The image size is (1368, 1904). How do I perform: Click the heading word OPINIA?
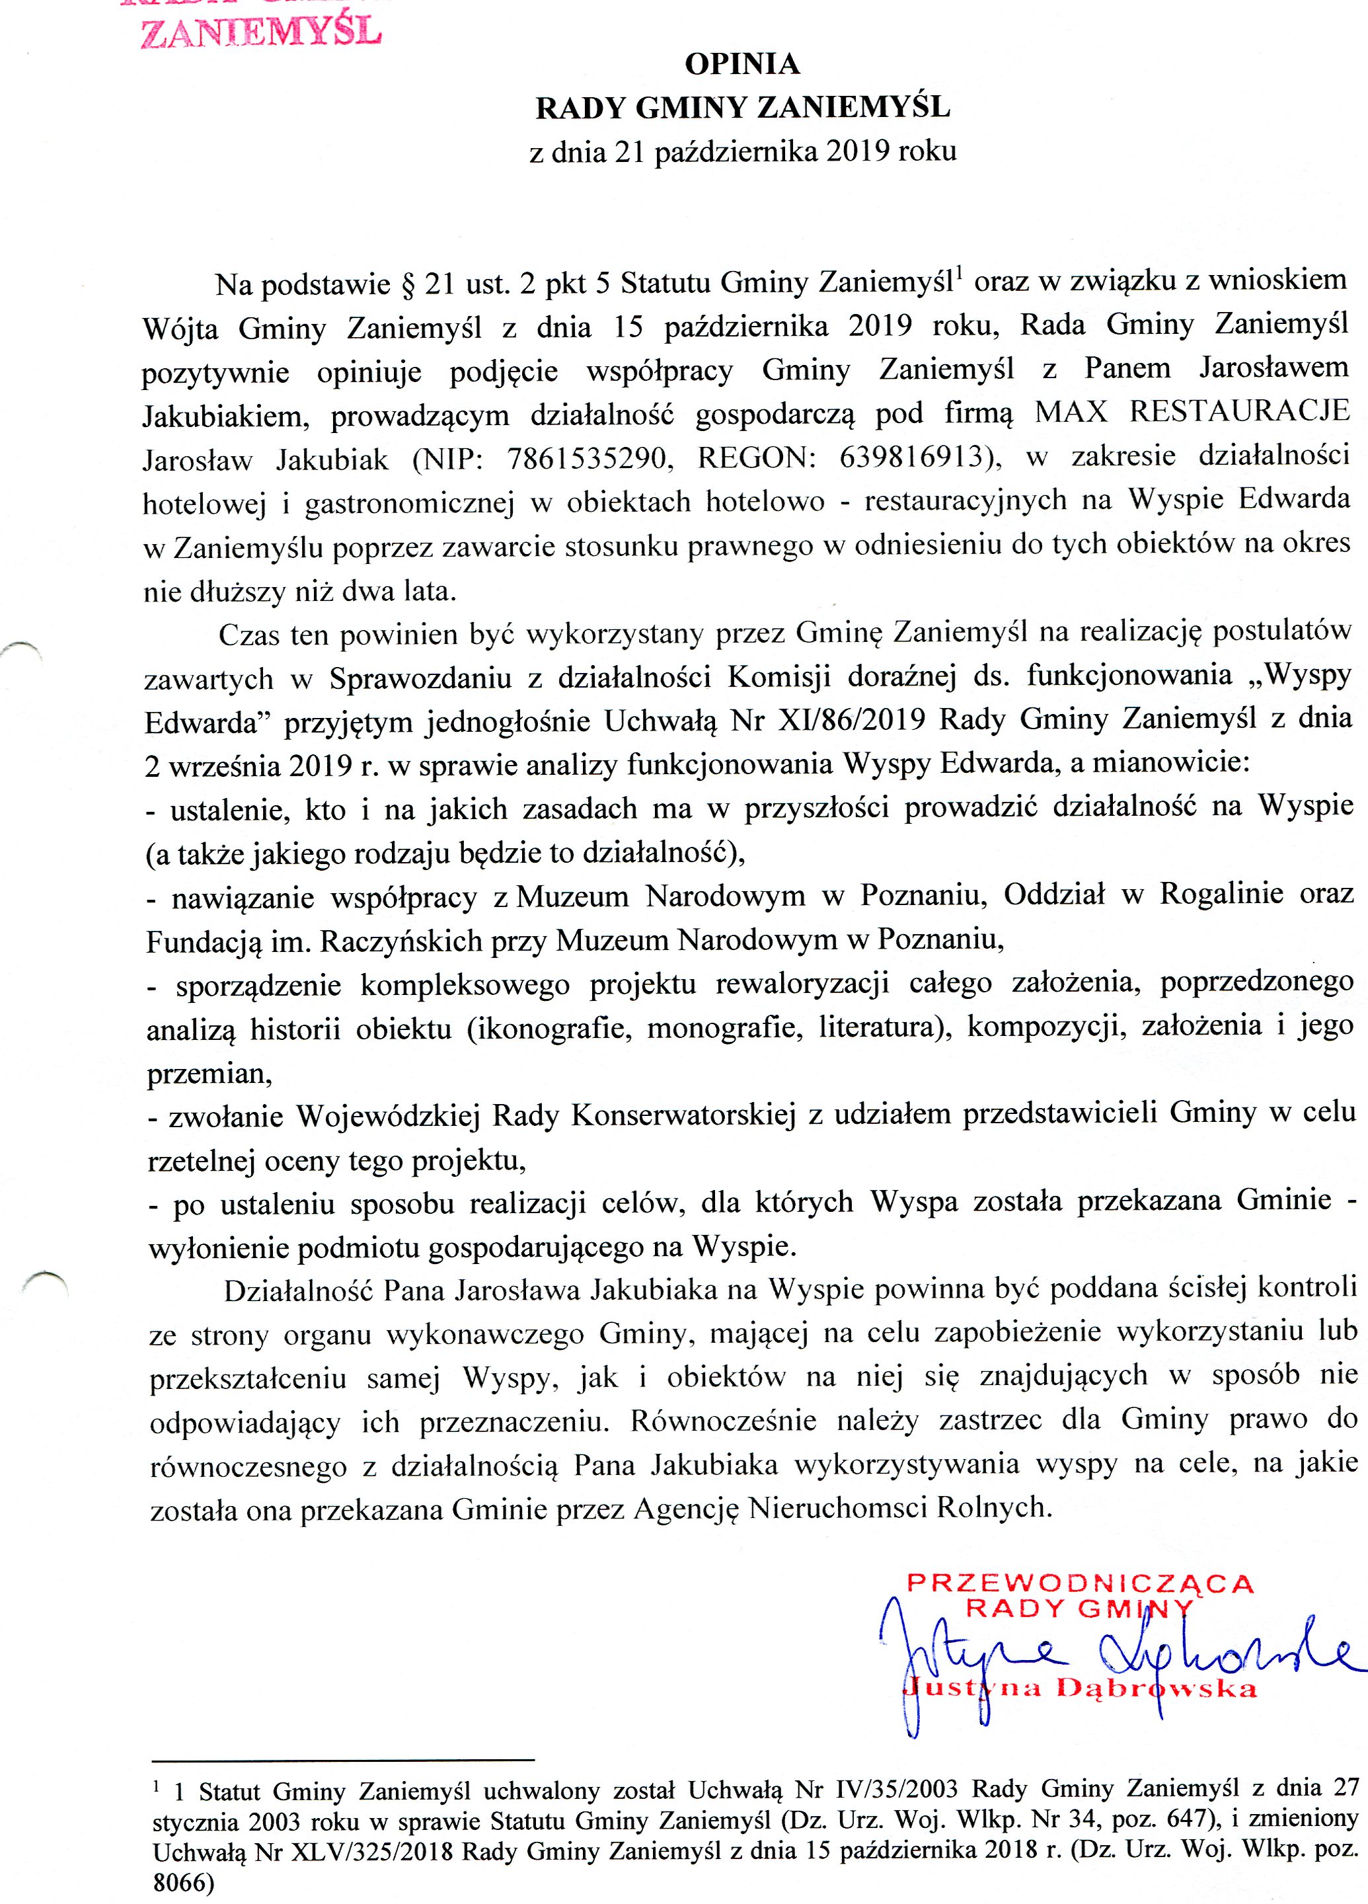pyautogui.click(x=742, y=64)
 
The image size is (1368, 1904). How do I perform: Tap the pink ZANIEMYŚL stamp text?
pyautogui.click(x=261, y=31)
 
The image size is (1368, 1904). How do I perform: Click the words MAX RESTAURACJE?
pyautogui.click(x=1192, y=411)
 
